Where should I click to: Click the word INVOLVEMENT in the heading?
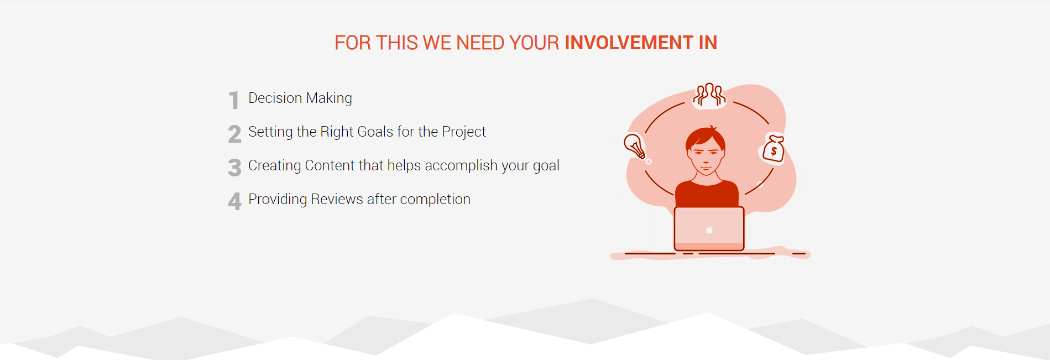(629, 43)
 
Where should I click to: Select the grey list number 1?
(234, 100)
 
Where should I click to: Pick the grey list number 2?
(234, 134)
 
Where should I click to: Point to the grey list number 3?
(234, 168)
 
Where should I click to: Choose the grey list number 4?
(234, 201)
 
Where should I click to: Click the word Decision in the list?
(275, 98)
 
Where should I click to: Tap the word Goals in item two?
(375, 132)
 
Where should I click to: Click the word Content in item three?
(330, 165)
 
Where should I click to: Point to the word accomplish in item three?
(461, 166)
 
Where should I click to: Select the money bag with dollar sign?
(774, 149)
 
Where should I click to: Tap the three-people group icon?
(709, 95)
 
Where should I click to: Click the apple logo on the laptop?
(709, 229)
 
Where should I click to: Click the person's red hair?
(705, 137)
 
